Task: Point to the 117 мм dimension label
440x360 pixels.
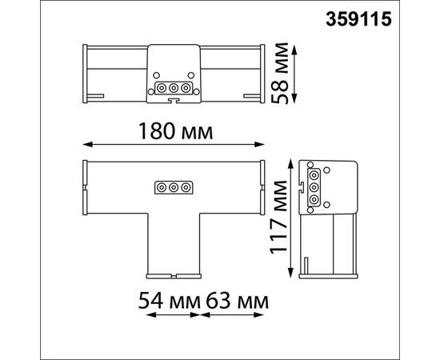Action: [x=278, y=216]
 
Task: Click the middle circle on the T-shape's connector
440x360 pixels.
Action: [x=173, y=188]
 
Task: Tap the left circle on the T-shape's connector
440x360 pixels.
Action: [x=161, y=188]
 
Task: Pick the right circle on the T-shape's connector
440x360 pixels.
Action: [x=185, y=188]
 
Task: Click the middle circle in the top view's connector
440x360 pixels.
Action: [x=173, y=87]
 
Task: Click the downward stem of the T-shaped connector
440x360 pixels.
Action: [x=173, y=244]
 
